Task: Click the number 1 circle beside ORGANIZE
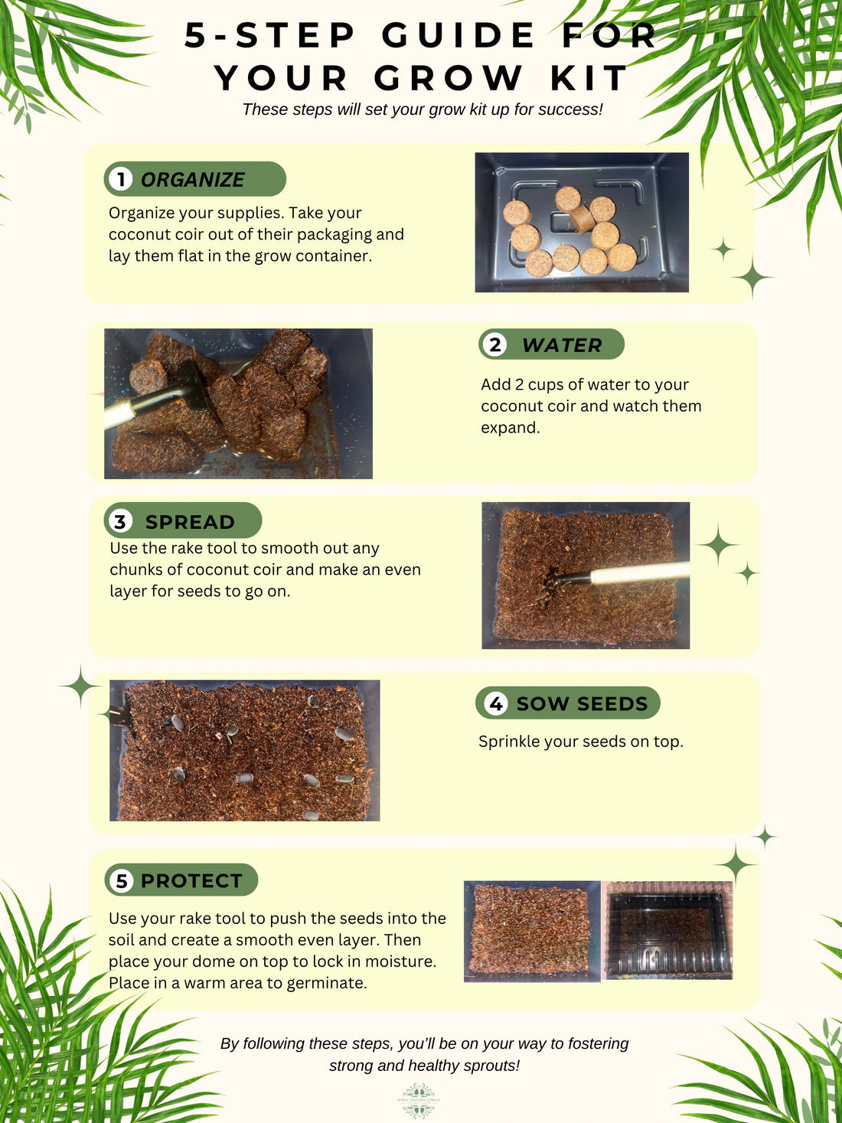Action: point(120,179)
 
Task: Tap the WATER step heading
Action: point(562,345)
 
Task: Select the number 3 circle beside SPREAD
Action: point(120,522)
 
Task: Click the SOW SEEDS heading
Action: point(582,704)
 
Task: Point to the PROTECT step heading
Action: point(191,881)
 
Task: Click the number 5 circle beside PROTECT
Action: point(122,881)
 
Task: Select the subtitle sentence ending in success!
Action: point(423,109)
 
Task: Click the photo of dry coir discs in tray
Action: point(582,222)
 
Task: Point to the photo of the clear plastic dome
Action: point(668,931)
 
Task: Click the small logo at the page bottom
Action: point(419,1101)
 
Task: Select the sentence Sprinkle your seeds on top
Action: point(580,741)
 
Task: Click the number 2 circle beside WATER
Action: point(496,345)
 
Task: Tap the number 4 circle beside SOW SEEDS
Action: point(496,704)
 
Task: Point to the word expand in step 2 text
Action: point(510,427)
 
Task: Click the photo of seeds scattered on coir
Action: point(245,750)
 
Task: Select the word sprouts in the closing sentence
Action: point(490,1066)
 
